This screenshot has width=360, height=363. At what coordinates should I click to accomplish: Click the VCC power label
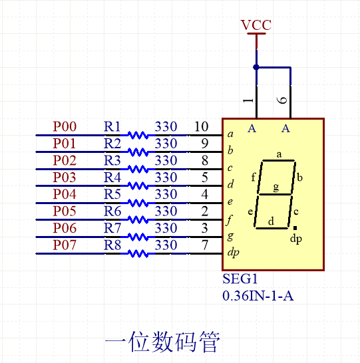tap(256, 25)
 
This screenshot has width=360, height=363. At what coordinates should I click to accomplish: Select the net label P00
tap(65, 126)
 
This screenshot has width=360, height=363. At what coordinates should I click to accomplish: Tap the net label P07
tap(65, 245)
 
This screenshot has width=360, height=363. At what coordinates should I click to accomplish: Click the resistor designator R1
tap(112, 126)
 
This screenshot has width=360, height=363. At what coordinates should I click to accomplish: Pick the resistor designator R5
tap(112, 195)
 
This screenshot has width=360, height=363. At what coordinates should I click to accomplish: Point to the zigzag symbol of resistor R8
tap(138, 253)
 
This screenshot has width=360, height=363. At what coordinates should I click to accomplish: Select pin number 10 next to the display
tap(202, 126)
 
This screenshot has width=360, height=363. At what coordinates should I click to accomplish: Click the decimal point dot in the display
tap(295, 227)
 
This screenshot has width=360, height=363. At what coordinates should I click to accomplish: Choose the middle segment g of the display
tap(275, 193)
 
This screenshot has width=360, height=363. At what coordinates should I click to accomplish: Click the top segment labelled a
tap(279, 160)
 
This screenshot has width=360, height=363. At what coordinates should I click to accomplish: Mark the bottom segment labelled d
tap(271, 227)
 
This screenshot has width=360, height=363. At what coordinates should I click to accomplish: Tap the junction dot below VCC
tap(256, 67)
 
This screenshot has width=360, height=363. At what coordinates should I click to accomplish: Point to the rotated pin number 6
tap(283, 100)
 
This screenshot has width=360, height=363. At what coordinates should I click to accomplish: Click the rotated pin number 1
tap(248, 100)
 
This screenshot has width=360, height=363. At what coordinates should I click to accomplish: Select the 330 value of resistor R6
tap(166, 211)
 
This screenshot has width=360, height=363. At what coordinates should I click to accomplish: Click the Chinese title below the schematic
tap(162, 342)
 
